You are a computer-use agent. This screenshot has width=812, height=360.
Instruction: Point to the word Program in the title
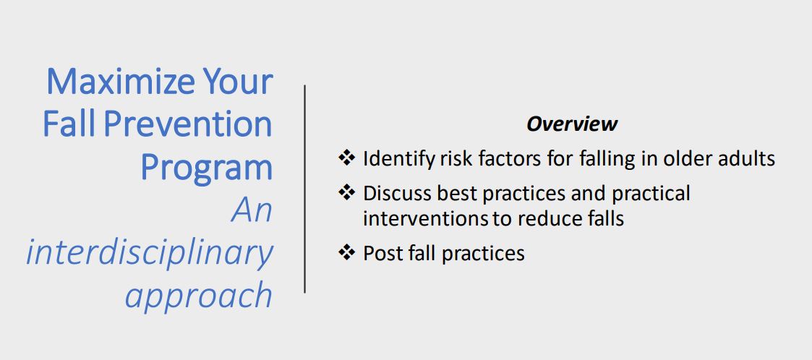tap(206, 168)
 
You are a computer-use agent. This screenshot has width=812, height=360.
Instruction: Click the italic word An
tap(252, 210)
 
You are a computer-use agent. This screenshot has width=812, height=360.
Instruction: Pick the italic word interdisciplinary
tap(150, 252)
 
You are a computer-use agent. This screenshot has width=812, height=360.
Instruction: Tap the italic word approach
tap(198, 295)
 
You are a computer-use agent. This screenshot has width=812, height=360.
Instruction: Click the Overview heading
tap(571, 124)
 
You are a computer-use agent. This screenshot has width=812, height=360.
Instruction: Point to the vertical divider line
tap(304, 188)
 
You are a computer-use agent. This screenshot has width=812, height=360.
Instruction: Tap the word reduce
tap(541, 218)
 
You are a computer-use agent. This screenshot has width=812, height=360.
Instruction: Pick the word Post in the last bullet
tap(379, 254)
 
